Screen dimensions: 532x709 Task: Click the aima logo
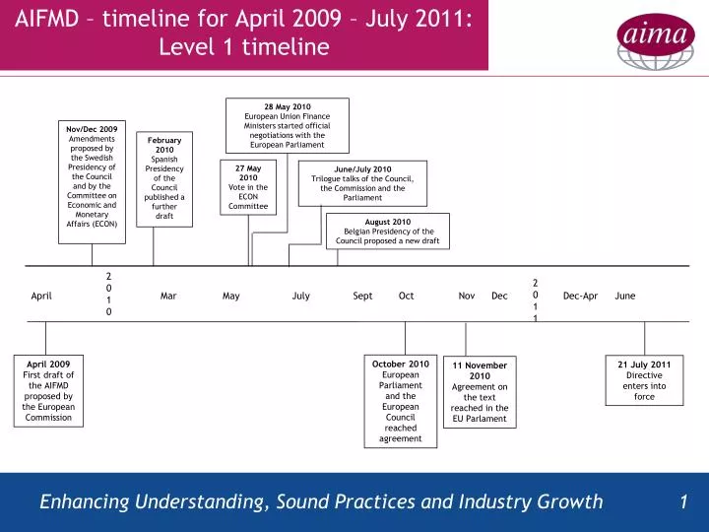click(651, 35)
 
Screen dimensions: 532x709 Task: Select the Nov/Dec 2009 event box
click(92, 176)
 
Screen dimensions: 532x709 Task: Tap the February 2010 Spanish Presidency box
click(164, 178)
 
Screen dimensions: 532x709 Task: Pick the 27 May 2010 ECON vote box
click(248, 187)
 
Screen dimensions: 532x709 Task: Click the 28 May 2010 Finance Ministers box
click(288, 125)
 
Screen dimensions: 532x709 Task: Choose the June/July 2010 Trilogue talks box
click(362, 183)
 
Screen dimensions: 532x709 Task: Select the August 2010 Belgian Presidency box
click(388, 232)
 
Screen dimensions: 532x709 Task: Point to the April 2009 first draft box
click(48, 390)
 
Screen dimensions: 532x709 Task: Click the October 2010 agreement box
click(401, 401)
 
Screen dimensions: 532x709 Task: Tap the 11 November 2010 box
click(480, 391)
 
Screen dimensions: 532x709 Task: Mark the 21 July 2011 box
click(644, 380)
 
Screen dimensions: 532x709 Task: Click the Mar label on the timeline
click(168, 296)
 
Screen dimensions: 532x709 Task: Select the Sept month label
click(362, 296)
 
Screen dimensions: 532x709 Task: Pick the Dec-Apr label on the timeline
click(580, 296)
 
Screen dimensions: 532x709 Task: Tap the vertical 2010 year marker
click(109, 294)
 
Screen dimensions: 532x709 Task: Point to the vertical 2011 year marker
click(536, 299)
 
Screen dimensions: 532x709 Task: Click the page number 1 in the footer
click(683, 502)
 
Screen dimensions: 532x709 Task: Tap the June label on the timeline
click(625, 296)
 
